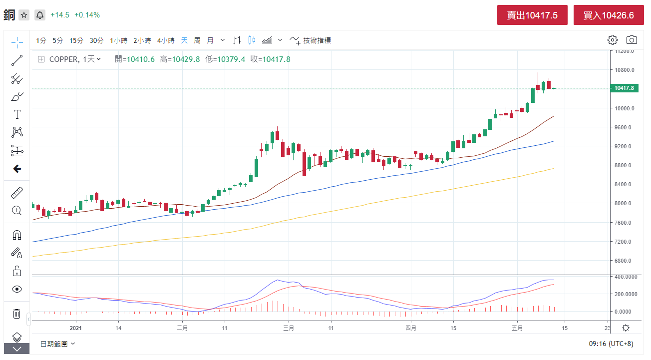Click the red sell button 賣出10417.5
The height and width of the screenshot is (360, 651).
coord(532,15)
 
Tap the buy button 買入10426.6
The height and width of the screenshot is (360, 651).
coord(609,15)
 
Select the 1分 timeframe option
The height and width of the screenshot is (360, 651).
coord(41,40)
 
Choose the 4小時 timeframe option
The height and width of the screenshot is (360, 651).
coord(166,40)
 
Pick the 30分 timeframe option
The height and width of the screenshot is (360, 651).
coord(96,40)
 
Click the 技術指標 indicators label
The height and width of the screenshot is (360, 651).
coord(317,40)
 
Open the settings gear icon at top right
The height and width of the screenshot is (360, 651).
coord(613,40)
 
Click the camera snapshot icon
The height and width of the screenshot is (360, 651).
coord(632,40)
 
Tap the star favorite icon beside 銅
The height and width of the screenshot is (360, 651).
coord(24,15)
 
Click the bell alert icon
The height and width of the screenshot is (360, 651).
coord(40,15)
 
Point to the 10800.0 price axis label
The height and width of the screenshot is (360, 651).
coord(624,70)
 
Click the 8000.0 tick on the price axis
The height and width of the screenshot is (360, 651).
coord(624,204)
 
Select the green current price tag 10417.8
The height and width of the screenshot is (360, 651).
coord(624,88)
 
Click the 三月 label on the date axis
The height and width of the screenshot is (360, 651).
coord(289,328)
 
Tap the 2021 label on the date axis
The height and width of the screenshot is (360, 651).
coord(76,328)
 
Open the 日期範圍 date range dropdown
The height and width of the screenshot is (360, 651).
coord(57,344)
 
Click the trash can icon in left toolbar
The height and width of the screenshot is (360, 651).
coord(17,314)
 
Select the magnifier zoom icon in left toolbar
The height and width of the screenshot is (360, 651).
coord(17,210)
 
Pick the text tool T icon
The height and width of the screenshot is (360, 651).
coord(17,114)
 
